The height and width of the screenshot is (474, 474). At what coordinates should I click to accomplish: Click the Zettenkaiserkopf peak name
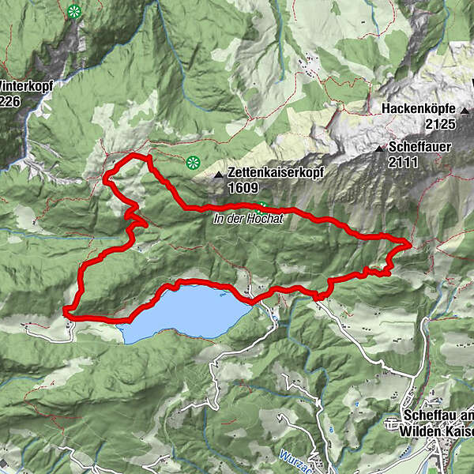pos(273,171)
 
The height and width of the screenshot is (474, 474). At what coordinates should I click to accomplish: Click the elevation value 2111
pos(403,163)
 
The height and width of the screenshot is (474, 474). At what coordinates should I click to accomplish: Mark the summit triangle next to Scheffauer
pos(381,148)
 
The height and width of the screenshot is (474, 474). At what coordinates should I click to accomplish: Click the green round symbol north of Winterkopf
pos(73,11)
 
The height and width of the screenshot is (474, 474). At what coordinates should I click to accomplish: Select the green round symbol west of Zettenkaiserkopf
pos(192,164)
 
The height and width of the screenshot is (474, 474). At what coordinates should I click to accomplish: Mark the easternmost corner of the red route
pos(409,243)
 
